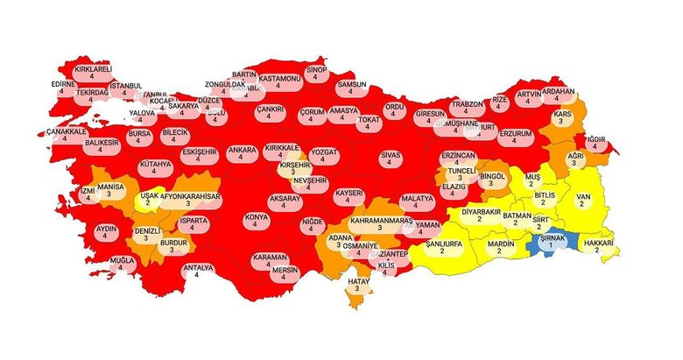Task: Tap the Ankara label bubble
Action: coord(241,154)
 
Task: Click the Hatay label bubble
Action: coord(357,285)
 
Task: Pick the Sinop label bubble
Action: coord(315,72)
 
